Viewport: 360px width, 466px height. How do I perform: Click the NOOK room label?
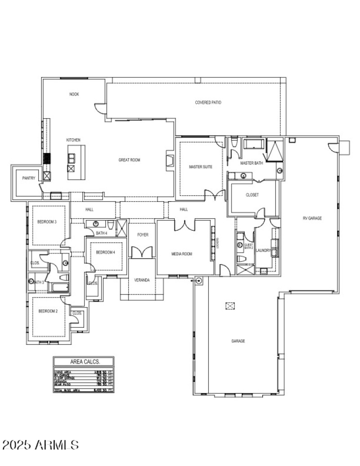pyautogui.click(x=74, y=94)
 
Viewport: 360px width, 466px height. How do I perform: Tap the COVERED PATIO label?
pyautogui.click(x=208, y=103)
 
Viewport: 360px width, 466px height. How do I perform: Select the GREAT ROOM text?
pyautogui.click(x=130, y=160)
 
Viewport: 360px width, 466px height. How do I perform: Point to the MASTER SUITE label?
pyautogui.click(x=200, y=167)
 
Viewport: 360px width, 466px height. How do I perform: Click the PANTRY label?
pyautogui.click(x=29, y=178)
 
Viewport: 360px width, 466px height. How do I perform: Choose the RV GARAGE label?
pyautogui.click(x=312, y=218)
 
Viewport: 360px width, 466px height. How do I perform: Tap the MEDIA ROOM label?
pyautogui.click(x=182, y=254)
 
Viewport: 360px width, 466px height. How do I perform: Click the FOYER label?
pyautogui.click(x=142, y=235)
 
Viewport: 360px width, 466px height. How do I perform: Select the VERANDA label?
pyautogui.click(x=142, y=280)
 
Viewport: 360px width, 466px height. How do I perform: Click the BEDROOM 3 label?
pyautogui.click(x=47, y=222)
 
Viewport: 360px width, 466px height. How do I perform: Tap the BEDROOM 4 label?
pyautogui.click(x=106, y=253)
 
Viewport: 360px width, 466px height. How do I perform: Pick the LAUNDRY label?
pyautogui.click(x=263, y=250)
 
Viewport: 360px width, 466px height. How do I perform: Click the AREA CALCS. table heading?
pyautogui.click(x=85, y=362)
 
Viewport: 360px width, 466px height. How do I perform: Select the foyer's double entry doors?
pyautogui.click(x=142, y=252)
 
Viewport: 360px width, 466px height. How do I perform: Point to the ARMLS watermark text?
pyautogui.click(x=40, y=445)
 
